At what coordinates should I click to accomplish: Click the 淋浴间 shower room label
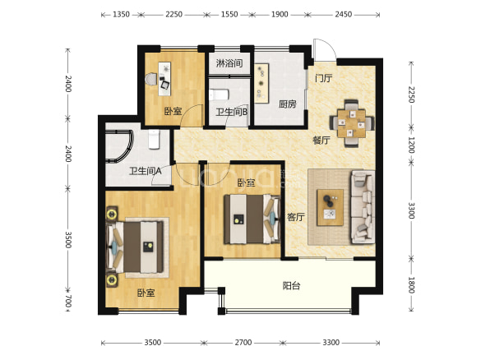[x=229, y=63]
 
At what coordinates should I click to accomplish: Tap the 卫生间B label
[x=231, y=112]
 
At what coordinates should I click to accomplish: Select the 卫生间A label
[x=145, y=171]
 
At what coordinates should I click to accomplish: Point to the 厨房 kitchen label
[x=288, y=104]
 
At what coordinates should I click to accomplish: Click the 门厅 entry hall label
[x=323, y=78]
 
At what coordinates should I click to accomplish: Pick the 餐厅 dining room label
[x=321, y=141]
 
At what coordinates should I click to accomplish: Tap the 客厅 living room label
[x=296, y=217]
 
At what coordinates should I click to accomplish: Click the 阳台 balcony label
[x=291, y=286]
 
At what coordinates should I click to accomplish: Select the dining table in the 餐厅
[x=352, y=123]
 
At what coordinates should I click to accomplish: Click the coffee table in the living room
[x=330, y=207]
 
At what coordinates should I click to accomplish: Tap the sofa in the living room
[x=363, y=207]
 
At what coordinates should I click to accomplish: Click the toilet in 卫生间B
[x=220, y=95]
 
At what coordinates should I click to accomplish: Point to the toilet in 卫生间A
[x=154, y=140]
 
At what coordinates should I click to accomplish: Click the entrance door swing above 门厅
[x=325, y=49]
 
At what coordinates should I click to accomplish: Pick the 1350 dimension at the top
[x=121, y=15]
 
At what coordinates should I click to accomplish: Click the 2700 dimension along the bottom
[x=243, y=342]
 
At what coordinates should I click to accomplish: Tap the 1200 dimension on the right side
[x=411, y=145]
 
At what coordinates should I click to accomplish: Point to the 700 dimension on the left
[x=68, y=301]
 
